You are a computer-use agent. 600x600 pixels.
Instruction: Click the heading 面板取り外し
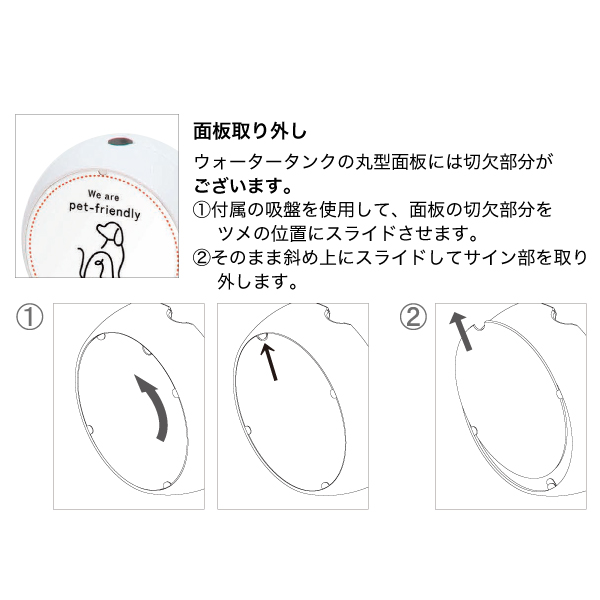click(x=250, y=131)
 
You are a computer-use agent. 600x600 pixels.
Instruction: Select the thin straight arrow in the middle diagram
click(x=269, y=361)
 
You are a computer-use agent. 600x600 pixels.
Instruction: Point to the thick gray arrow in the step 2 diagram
click(x=461, y=331)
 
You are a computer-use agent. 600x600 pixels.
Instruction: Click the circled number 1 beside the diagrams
click(x=29, y=317)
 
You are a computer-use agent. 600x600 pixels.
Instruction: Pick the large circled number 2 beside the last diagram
click(x=413, y=317)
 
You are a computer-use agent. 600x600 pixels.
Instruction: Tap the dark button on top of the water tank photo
click(x=120, y=142)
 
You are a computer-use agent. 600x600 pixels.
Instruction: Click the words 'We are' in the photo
click(x=103, y=195)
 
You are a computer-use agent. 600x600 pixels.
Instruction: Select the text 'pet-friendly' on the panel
click(x=104, y=210)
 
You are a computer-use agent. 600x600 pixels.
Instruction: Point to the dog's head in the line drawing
click(x=110, y=233)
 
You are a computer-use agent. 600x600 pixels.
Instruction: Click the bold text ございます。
click(x=243, y=186)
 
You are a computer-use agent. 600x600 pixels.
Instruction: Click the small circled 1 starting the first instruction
click(x=202, y=210)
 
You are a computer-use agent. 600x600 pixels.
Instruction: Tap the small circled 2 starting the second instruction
click(x=202, y=258)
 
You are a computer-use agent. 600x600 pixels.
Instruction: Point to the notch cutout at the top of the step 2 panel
click(x=480, y=326)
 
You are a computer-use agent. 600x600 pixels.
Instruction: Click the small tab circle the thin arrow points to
click(x=263, y=337)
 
